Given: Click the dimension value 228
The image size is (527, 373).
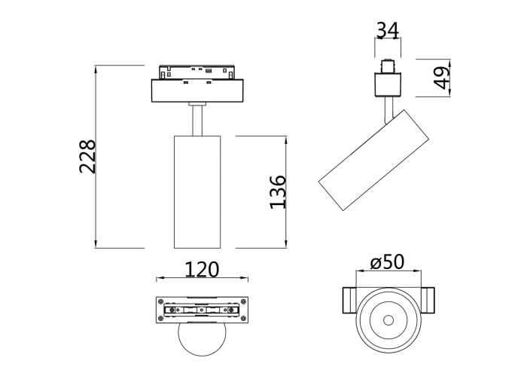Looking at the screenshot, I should (x=88, y=156).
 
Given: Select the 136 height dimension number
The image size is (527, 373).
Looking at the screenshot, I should (x=277, y=191).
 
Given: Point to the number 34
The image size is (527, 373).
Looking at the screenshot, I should (x=387, y=30).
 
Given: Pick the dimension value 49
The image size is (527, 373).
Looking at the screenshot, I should (x=442, y=77).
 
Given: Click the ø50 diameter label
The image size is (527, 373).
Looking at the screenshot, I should (x=388, y=262).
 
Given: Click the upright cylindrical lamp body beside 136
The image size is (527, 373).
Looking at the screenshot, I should (x=197, y=191).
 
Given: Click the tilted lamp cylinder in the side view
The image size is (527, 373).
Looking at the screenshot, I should (x=374, y=159).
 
